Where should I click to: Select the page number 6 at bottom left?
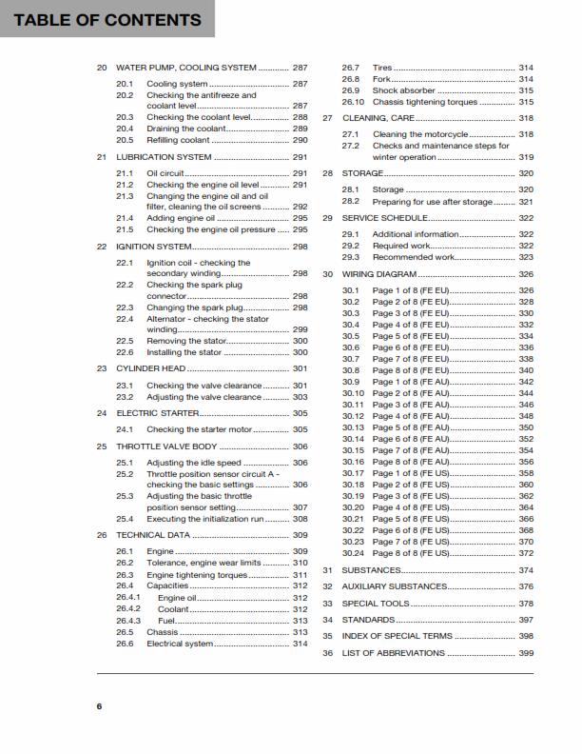point(98,706)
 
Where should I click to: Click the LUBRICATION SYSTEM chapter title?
point(164,156)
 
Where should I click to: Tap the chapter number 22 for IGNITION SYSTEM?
point(102,246)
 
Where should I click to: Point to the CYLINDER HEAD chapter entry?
point(151,368)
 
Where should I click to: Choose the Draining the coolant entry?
point(187,128)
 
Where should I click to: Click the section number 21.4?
point(126,218)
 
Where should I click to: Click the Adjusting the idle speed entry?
point(193,463)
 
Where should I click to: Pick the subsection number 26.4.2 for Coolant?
point(128,609)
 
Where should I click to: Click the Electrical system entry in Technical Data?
point(180,644)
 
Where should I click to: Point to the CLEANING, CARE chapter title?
point(378,118)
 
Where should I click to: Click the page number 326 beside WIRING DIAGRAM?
point(526,274)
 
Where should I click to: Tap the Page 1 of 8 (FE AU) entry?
point(410,382)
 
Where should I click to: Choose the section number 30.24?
point(353,553)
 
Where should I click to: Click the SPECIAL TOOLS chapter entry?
point(376,604)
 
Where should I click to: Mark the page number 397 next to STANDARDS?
point(526,620)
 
